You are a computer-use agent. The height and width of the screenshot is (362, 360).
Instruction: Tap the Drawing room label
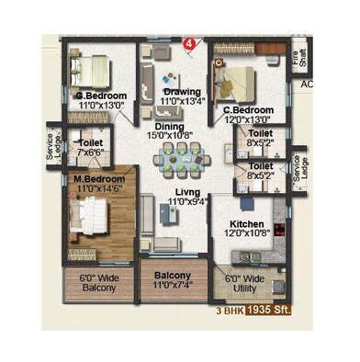181,92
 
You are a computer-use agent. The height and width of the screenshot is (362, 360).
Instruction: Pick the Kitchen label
247,224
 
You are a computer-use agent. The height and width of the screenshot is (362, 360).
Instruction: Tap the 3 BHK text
231,311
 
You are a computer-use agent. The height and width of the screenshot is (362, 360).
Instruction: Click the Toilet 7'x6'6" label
90,147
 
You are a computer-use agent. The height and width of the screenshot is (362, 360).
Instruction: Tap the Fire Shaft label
296,57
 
